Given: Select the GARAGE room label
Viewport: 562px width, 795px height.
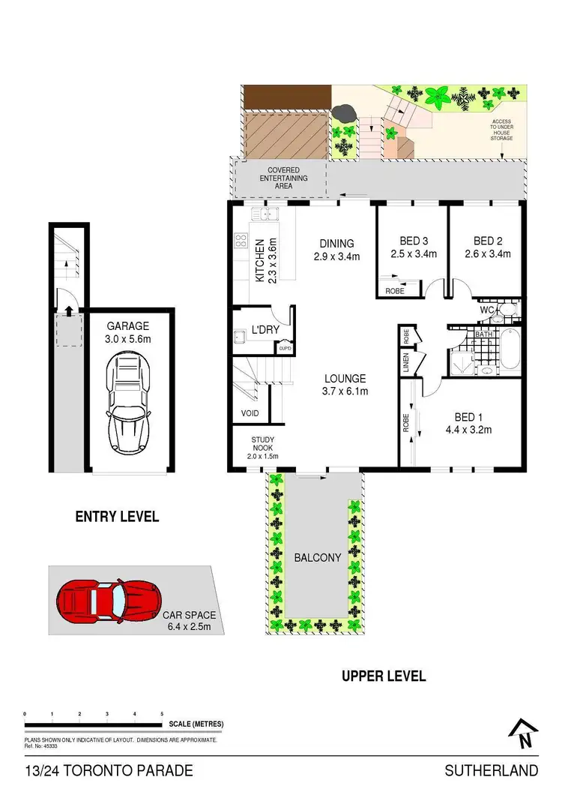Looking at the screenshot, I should click(127, 326).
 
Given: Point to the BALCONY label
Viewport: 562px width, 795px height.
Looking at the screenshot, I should click(318, 558).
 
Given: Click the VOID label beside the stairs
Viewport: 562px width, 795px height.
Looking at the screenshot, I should click(250, 413).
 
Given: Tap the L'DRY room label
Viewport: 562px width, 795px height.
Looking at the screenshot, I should click(265, 330).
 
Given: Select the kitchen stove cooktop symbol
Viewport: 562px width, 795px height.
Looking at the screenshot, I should click(242, 241).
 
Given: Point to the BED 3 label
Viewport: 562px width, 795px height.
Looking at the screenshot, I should click(413, 241).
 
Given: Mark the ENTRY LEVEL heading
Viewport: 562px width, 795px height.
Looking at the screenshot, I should click(117, 517).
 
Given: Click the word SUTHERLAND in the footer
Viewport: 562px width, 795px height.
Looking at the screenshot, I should click(491, 770).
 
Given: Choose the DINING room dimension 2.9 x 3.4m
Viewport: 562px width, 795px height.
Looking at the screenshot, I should click(336, 256).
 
